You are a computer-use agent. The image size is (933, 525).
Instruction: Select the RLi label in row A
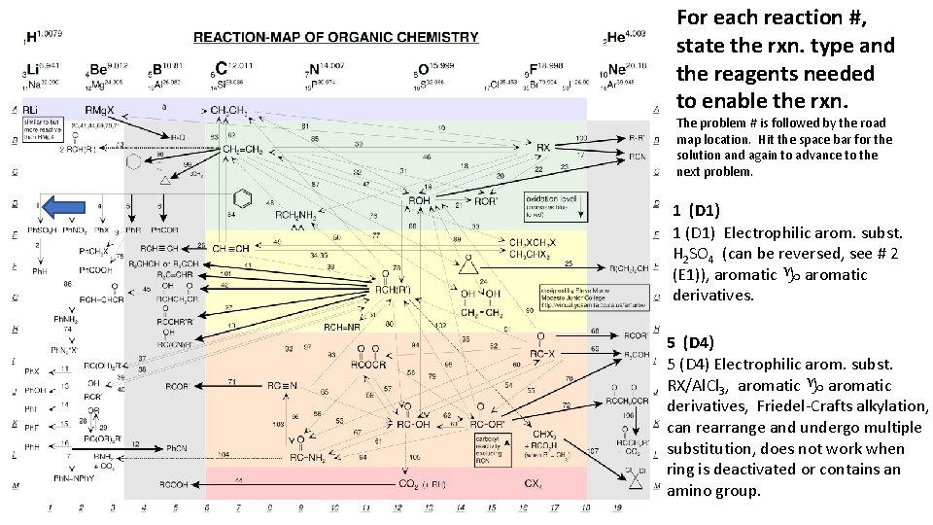coord(32,109)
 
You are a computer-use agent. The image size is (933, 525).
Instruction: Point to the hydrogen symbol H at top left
coord(31,37)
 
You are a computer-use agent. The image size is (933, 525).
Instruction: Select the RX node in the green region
coord(543,147)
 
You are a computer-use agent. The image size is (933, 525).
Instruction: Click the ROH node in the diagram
coord(419,200)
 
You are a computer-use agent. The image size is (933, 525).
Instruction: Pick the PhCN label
coord(177,447)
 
